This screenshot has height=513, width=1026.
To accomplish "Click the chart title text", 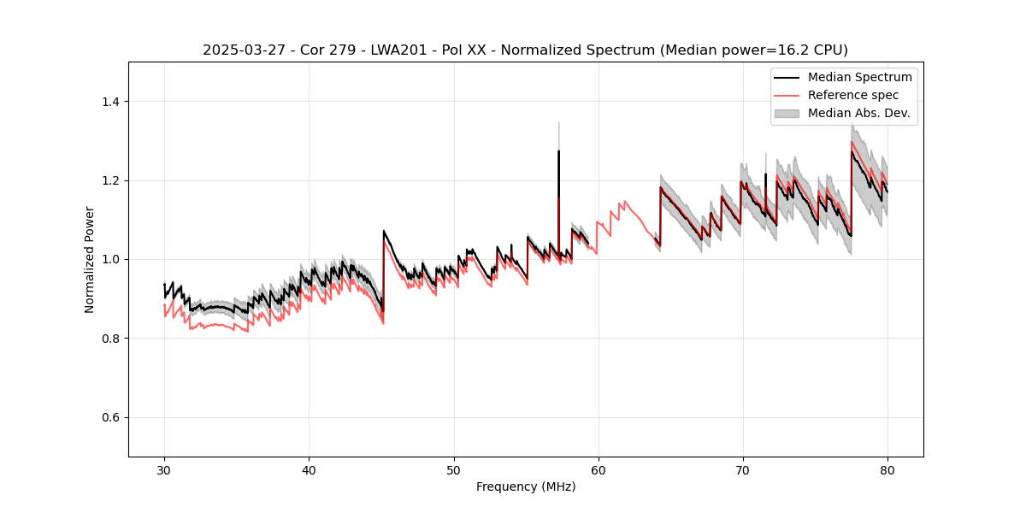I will tap(525, 50).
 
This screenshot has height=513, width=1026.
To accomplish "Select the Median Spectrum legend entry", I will tap(859, 77).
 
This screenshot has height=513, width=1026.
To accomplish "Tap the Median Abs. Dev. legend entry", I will tap(859, 113).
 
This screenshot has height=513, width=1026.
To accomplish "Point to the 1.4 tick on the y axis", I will tap(110, 102).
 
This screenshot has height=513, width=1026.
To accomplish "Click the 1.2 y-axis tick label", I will tap(110, 180).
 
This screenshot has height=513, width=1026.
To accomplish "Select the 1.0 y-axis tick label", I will tap(110, 259).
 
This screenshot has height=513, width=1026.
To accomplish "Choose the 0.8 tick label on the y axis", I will tap(110, 339).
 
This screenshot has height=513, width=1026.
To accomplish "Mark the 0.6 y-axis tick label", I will tap(110, 417).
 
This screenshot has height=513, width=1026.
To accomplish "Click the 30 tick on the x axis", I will tap(164, 469).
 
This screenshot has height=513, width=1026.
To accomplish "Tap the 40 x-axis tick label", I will tap(309, 469).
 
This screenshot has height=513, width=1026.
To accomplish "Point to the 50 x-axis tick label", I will tap(453, 469).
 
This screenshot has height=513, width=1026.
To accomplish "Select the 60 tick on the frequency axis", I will tap(598, 469).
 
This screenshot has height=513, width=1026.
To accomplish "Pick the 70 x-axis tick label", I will tap(742, 469).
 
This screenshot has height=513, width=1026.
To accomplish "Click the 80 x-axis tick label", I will tap(887, 469).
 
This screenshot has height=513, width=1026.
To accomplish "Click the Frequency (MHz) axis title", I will tap(525, 486).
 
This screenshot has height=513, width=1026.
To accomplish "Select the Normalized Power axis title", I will tap(89, 259).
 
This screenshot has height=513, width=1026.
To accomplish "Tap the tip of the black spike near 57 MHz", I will tap(558, 151).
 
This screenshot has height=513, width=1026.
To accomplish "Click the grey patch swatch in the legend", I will tap(787, 113).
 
